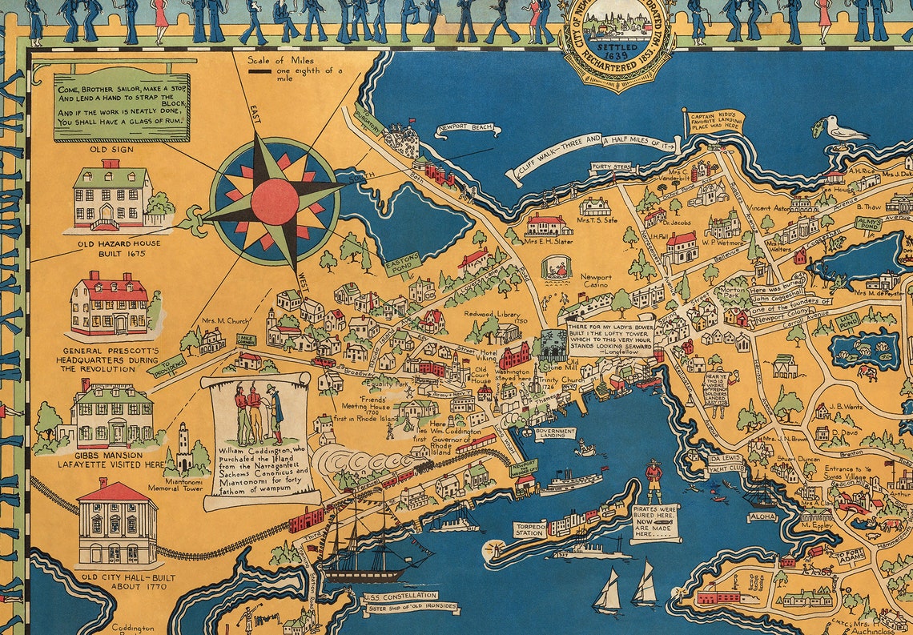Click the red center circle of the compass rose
[x=275, y=201]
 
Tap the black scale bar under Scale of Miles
[x=259, y=72]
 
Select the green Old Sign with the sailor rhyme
[x=122, y=107]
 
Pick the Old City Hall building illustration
[x=118, y=523]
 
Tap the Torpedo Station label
[x=529, y=528]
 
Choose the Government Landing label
[x=555, y=433]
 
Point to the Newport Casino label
[x=595, y=283]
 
